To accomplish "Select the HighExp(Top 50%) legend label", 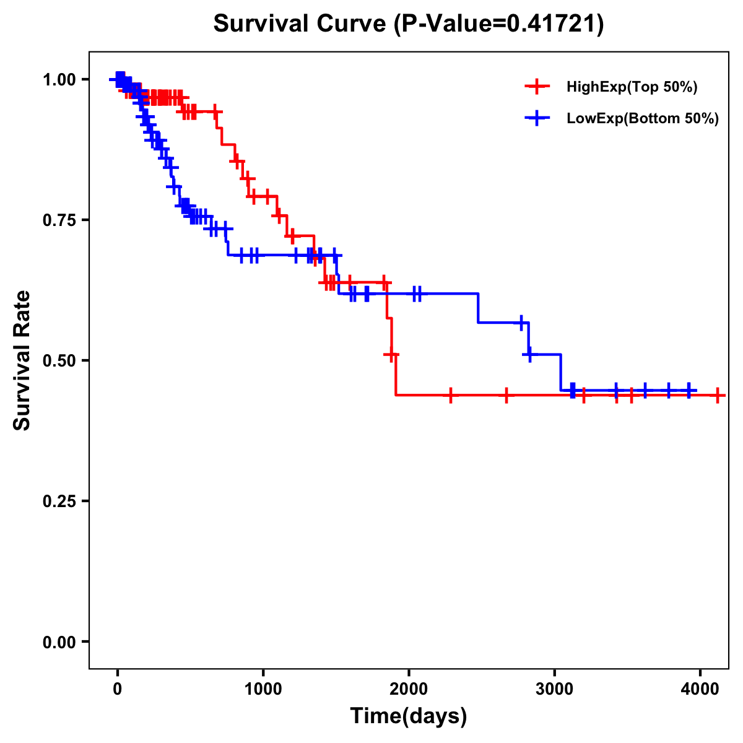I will [x=632, y=87].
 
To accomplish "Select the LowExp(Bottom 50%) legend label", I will [x=643, y=119].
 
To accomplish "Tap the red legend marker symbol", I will [x=537, y=87].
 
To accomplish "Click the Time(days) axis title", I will [x=409, y=716].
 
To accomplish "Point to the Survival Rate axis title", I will [x=22, y=360].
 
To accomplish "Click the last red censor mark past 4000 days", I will [x=717, y=395].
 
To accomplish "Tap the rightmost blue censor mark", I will [x=689, y=391].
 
